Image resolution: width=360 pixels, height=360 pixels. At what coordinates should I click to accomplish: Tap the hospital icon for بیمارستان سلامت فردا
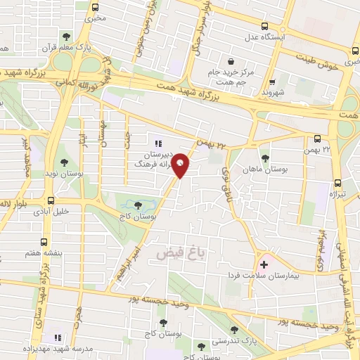click(264, 265)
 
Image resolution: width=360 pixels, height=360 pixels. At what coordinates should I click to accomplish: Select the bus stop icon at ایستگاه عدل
click(265, 27)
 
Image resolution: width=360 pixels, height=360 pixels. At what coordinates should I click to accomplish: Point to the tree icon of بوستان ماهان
click(265, 158)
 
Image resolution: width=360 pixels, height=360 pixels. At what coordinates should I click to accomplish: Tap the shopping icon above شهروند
click(271, 81)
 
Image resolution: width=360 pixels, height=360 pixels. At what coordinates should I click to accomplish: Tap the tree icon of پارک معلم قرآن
click(66, 37)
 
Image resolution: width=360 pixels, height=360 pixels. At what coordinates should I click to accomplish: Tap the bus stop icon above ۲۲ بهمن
click(317, 138)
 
